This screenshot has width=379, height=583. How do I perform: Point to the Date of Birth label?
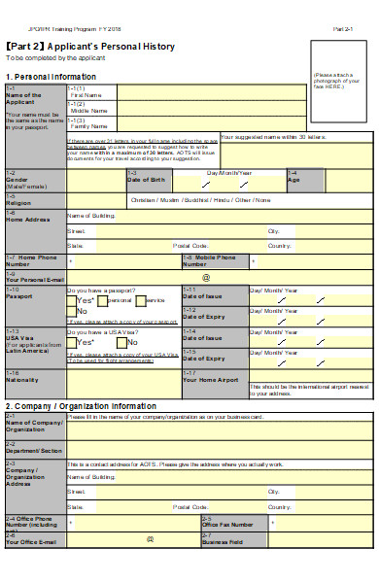point(146,180)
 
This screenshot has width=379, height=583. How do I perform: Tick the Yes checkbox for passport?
point(71,301)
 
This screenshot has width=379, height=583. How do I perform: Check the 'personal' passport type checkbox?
point(101,301)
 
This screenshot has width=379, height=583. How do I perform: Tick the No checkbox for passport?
point(71,312)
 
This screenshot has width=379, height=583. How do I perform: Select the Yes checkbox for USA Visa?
point(71,342)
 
